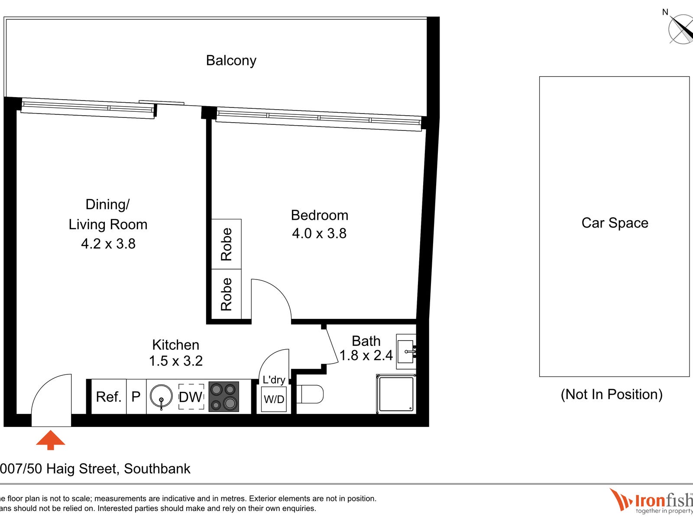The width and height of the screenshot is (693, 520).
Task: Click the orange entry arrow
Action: point(51,439)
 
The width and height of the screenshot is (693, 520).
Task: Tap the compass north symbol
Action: point(681,29)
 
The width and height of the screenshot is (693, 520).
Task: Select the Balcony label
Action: point(231,61)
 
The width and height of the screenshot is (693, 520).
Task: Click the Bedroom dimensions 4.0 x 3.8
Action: point(319,234)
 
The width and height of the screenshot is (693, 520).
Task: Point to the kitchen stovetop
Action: point(224,396)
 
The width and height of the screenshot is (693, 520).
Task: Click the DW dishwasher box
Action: point(191,396)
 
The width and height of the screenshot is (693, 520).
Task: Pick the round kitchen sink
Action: point(161,397)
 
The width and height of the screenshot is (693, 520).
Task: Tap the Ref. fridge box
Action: point(109,396)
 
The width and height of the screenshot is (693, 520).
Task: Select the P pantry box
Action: point(136,396)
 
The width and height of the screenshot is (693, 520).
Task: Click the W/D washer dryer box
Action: point(274,399)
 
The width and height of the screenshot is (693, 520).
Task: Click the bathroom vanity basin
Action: point(406,351)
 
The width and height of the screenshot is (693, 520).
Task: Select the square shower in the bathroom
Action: point(396,394)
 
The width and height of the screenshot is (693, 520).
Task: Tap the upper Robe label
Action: point(227,244)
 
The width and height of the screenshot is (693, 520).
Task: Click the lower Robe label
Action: point(227,294)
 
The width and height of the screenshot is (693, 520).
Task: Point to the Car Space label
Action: point(615,223)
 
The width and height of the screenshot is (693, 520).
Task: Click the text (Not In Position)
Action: point(612,394)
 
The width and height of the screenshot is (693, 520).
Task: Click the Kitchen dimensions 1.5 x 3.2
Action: point(176,361)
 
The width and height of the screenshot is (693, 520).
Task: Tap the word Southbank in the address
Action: point(157,469)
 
